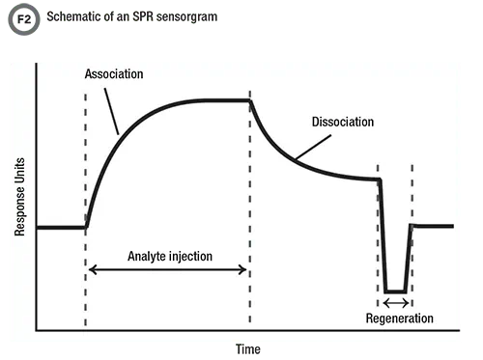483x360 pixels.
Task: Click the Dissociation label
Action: pyautogui.click(x=342, y=123)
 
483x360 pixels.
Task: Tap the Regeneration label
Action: pyautogui.click(x=400, y=318)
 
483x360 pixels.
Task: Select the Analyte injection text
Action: pyautogui.click(x=171, y=256)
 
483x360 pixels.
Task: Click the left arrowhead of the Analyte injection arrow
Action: pyautogui.click(x=92, y=269)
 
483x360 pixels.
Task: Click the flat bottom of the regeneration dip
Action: pyautogui.click(x=394, y=291)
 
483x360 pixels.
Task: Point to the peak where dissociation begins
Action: pyautogui.click(x=250, y=99)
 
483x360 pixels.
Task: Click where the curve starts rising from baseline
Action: pyautogui.click(x=86, y=227)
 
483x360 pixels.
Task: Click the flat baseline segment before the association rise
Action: pyautogui.click(x=61, y=228)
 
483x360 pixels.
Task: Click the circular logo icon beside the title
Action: pyautogui.click(x=19, y=16)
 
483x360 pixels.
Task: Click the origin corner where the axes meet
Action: pyautogui.click(x=37, y=329)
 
